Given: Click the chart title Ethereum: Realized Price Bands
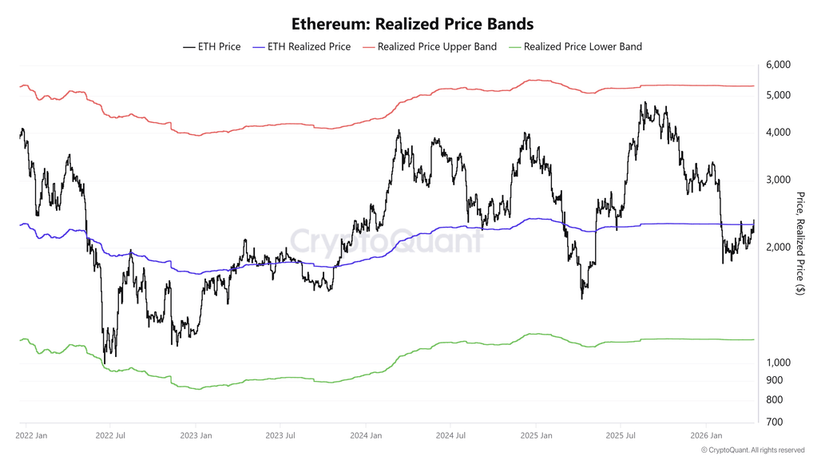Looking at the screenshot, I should click(412, 24).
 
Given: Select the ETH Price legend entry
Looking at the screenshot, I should click(212, 46).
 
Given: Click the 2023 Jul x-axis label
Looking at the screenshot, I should click(281, 436).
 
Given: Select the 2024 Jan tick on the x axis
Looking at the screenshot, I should click(365, 436).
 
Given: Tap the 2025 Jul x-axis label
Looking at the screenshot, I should click(621, 436).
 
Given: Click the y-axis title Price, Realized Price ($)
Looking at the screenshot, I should click(800, 244).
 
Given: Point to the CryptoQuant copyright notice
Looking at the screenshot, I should click(752, 450).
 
